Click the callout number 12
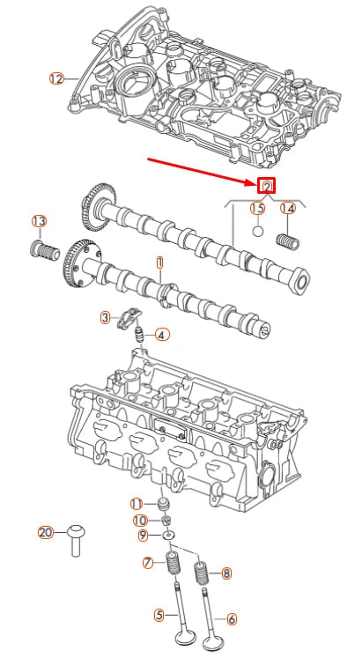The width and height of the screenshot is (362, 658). tap(56, 78)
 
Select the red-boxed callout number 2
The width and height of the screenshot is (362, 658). tap(266, 186)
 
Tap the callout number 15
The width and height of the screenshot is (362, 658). tap(256, 209)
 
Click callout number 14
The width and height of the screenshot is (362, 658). tap(287, 209)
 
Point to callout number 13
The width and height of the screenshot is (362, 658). tap(39, 220)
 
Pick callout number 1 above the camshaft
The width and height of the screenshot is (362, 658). tap(159, 262)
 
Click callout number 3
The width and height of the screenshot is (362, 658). tap(106, 317)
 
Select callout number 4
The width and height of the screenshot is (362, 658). tap(161, 334)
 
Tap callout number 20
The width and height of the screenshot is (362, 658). tap(47, 532)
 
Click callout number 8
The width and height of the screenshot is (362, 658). tap(226, 573)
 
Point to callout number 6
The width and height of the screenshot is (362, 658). tap(233, 618)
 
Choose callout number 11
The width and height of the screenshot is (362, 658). tap(137, 503)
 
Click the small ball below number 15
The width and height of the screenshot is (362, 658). tap(256, 233)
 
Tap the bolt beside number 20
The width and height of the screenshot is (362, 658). tap(75, 539)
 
